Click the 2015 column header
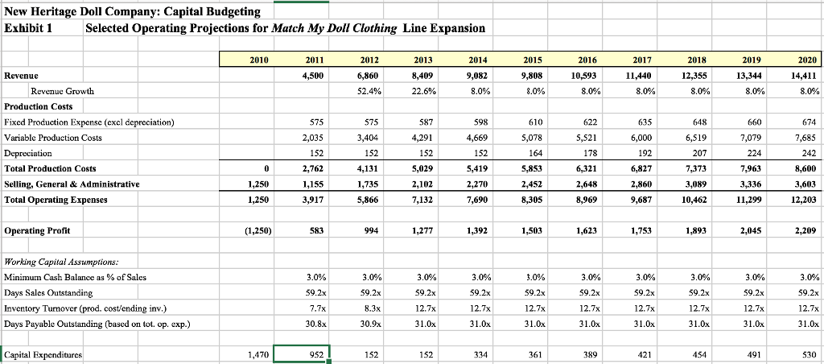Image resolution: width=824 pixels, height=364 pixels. point(532,60)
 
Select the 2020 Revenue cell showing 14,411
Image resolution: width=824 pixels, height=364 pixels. point(804,76)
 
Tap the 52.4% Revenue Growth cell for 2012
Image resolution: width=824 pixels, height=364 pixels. point(367,91)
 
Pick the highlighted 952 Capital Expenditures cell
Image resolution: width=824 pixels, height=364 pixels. point(302,354)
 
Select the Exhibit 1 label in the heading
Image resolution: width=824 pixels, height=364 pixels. point(28,28)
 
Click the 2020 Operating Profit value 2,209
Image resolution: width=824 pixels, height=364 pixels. point(804,230)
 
